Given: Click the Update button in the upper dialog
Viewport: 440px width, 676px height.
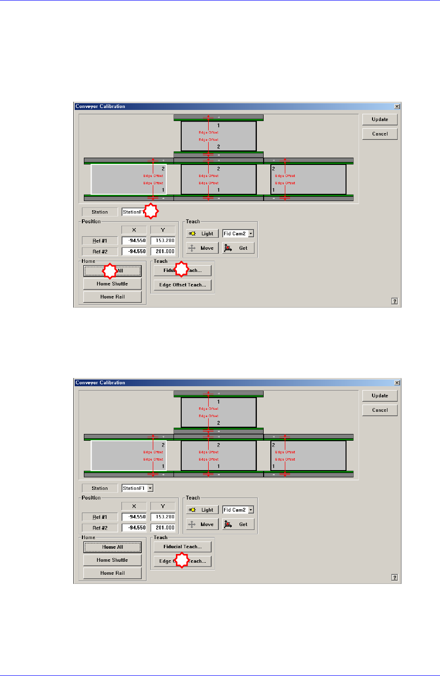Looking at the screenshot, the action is click(x=380, y=120).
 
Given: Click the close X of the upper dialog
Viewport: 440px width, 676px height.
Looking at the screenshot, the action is click(x=397, y=107).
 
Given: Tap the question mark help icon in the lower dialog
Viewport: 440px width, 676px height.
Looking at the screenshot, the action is click(x=395, y=578).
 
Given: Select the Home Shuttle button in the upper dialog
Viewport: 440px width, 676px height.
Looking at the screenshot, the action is click(x=112, y=284).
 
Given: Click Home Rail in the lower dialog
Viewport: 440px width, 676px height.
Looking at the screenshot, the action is click(x=112, y=573).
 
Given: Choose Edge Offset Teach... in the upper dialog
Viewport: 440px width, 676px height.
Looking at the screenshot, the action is click(x=182, y=285).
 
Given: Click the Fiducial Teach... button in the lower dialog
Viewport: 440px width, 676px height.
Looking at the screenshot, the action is click(x=182, y=547).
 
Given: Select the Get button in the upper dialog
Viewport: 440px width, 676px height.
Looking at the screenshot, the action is click(x=238, y=248).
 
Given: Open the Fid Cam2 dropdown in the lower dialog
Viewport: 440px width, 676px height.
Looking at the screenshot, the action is click(x=251, y=510).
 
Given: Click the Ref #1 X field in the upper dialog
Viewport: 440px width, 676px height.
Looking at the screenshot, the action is click(x=134, y=241).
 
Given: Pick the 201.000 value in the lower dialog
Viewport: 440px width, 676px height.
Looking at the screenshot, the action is click(x=163, y=528).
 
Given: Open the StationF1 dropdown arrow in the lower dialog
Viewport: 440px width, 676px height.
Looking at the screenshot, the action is click(x=150, y=488).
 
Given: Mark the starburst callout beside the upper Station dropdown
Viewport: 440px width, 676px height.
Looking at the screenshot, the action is click(x=152, y=211).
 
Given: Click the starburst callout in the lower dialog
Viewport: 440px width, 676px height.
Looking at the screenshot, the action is click(x=182, y=561).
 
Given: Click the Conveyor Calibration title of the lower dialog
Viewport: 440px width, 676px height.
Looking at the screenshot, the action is click(x=100, y=383).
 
